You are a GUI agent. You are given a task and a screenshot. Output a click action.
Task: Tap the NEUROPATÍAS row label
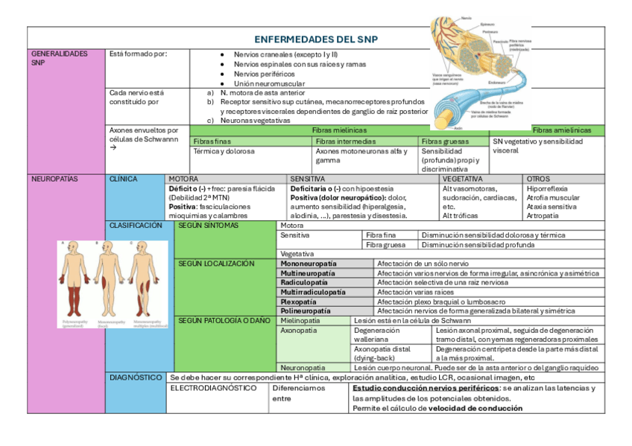coord(54,179)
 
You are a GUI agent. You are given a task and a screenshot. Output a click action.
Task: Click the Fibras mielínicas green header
coord(339,130)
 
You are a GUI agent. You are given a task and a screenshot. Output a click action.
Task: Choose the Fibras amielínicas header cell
coord(561,130)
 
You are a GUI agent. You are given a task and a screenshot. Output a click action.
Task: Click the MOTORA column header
coord(183,179)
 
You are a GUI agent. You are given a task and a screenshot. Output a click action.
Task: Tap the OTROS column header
coord(538,179)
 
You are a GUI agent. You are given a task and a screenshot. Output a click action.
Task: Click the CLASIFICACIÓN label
coord(136,225)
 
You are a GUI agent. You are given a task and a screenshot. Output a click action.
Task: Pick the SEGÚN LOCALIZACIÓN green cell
coord(216,264)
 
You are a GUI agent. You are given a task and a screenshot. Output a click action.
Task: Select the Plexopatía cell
coord(298,302)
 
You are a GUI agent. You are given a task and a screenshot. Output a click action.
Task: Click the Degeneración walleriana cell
coord(376,334)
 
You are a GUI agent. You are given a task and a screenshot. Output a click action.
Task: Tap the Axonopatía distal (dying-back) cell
coord(382,353)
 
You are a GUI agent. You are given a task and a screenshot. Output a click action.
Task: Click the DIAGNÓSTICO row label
coord(136,377)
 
